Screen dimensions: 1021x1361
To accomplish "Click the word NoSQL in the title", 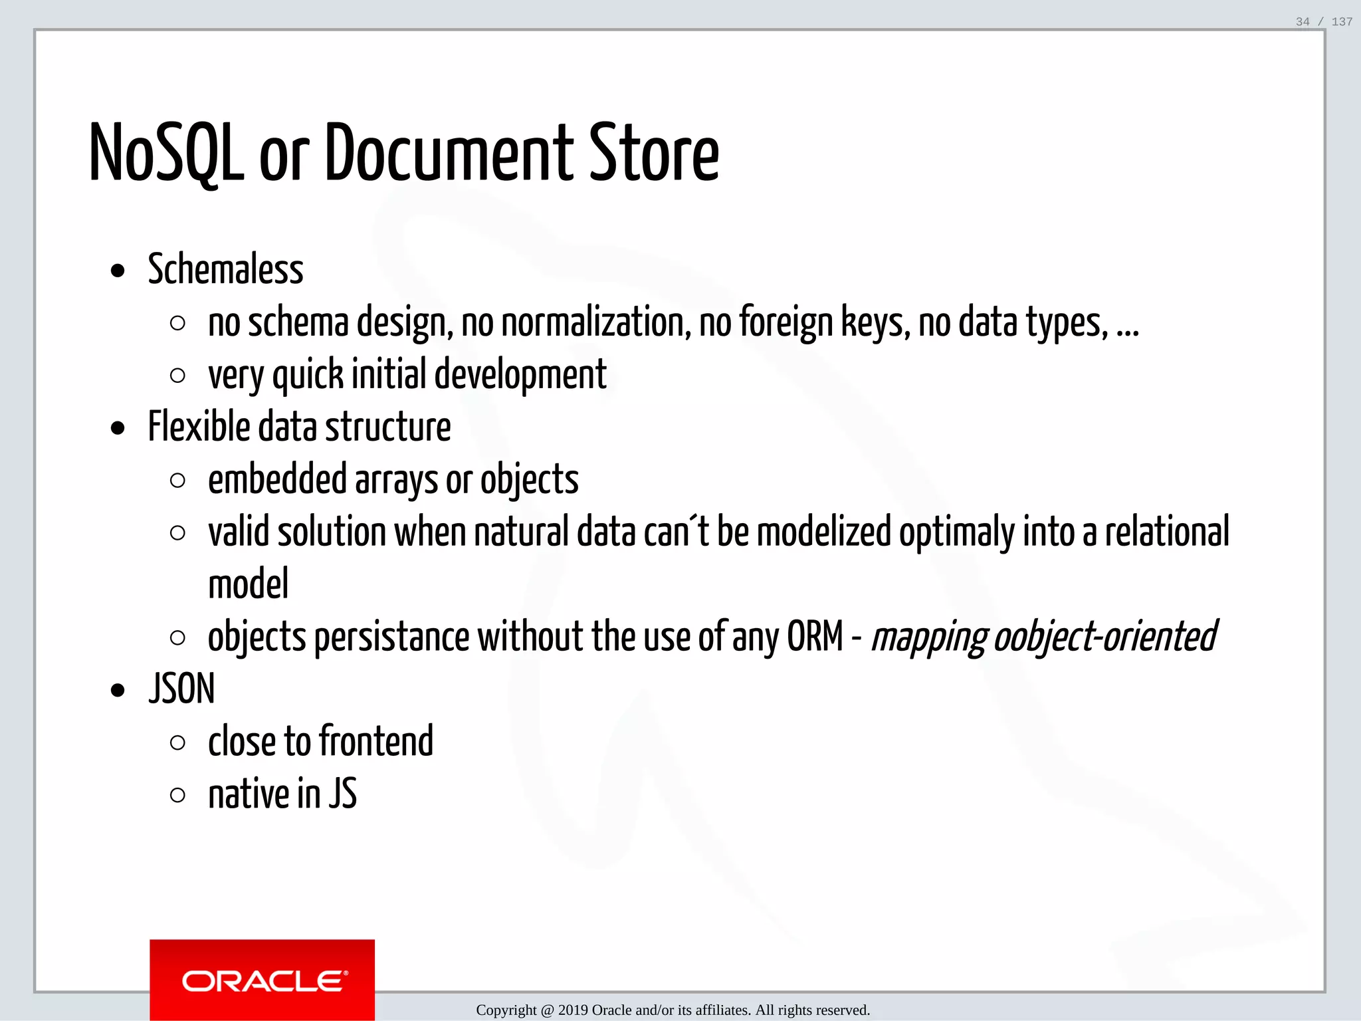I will tap(166, 154).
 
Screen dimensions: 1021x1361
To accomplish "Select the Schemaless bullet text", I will tap(225, 269).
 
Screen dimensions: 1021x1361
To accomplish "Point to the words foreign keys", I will tap(824, 322).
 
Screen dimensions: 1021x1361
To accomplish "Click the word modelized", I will tap(823, 532).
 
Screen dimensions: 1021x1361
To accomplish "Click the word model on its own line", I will tap(248, 584).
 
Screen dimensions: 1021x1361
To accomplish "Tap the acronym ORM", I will tap(815, 636).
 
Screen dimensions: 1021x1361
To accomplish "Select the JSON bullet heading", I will tap(181, 689).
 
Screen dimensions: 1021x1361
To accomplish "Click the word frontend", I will tap(376, 741).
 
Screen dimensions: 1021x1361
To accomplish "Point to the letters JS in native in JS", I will tap(343, 794).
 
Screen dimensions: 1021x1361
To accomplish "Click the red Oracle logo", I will tap(262, 980).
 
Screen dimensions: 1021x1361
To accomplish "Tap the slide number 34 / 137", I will tap(1324, 22).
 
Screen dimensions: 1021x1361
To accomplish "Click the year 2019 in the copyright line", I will tap(573, 1010).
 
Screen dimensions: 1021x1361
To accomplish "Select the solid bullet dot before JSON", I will tap(118, 691).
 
